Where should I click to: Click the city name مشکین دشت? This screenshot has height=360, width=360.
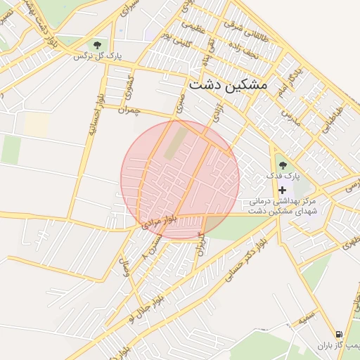pos(228,84)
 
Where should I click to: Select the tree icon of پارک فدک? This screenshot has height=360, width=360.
pos(283,165)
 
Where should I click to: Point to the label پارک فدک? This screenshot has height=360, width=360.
pos(283,175)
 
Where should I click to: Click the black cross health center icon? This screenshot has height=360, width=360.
pos(283,191)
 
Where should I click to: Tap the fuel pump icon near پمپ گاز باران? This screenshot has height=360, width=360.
pos(340,334)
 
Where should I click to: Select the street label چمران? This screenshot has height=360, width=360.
pos(130,110)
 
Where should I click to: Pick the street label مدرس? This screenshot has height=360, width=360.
pos(291,112)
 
